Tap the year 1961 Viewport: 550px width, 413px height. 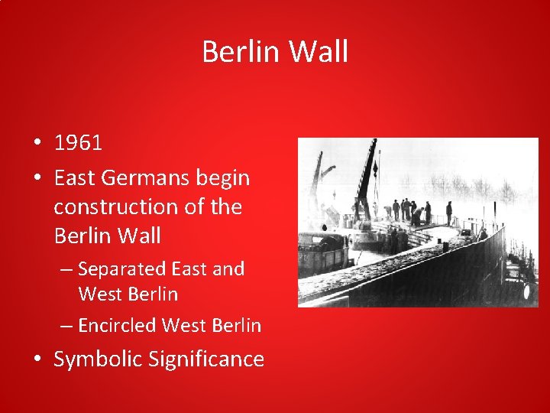[x=78, y=143]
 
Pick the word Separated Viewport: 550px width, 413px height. [x=122, y=269]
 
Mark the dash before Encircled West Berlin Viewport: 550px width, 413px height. [x=66, y=326]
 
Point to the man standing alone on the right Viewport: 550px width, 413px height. [x=449, y=213]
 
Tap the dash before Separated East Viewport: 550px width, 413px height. [x=66, y=269]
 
